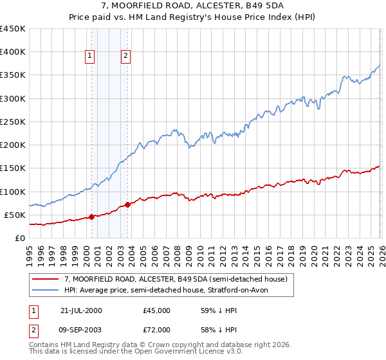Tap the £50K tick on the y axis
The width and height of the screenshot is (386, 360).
[x=15, y=215]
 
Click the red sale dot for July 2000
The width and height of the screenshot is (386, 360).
[x=92, y=217]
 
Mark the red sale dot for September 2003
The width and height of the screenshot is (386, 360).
[x=127, y=204]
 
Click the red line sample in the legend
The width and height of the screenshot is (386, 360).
[x=46, y=279]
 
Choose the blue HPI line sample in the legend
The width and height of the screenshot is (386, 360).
[x=46, y=290]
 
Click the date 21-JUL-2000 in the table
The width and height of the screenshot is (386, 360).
[x=81, y=310]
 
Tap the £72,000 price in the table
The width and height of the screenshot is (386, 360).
[x=157, y=328]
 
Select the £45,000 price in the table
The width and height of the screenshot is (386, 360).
[x=157, y=310]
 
